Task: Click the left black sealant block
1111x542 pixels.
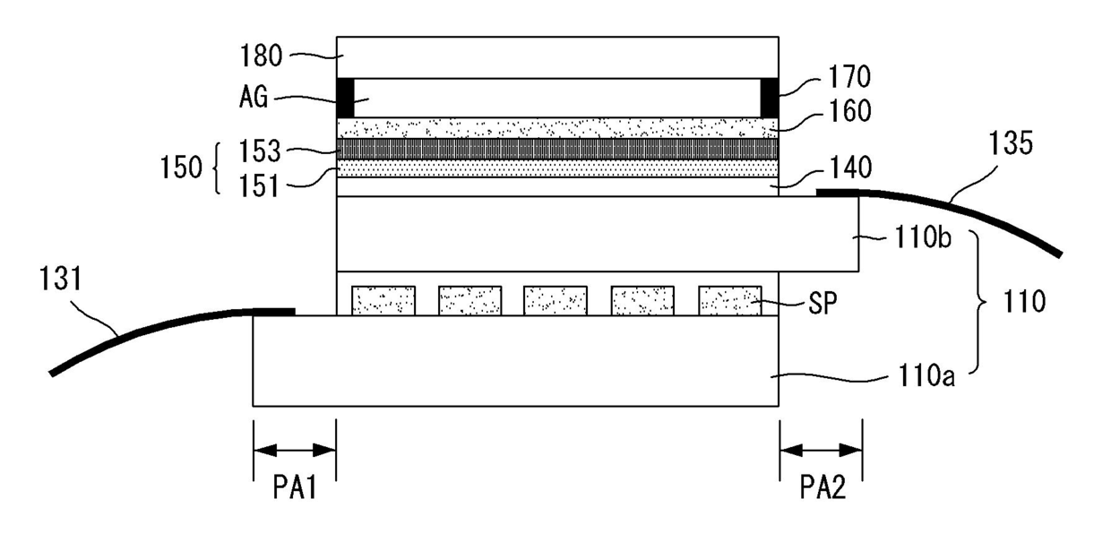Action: point(345,99)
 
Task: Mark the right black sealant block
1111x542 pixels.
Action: point(770,99)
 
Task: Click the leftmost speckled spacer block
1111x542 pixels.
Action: point(383,300)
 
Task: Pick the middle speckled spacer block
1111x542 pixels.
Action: point(555,300)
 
